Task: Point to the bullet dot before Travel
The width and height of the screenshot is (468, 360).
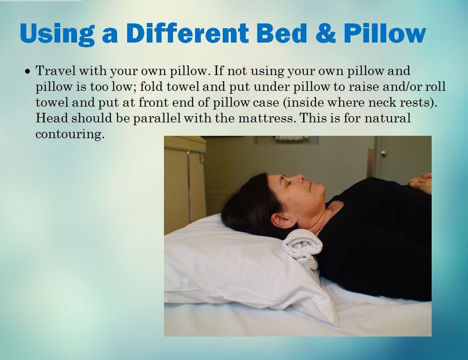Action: pos(28,72)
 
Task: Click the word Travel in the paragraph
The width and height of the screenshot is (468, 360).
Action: pos(55,71)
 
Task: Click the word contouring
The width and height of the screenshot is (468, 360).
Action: pos(70,134)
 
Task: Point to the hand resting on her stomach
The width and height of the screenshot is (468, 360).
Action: pos(421,183)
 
